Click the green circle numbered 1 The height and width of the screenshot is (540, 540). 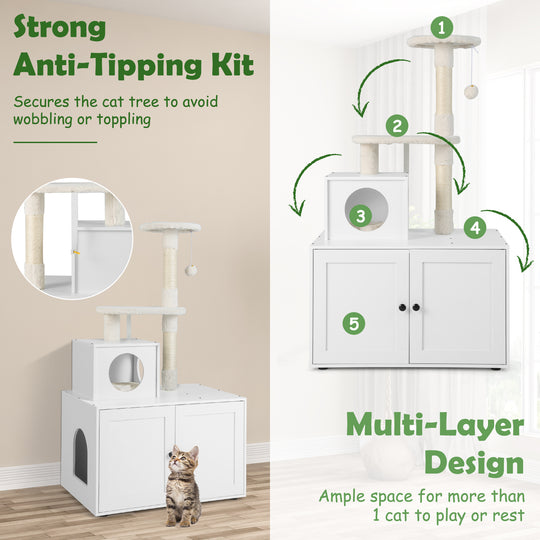442,27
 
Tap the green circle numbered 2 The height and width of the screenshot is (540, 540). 399,126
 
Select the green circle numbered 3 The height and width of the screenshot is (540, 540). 357,213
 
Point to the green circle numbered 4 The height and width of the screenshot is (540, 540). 475,227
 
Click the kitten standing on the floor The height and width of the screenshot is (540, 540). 181,486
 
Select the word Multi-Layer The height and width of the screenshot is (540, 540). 434,426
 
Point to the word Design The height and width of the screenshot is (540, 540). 474,464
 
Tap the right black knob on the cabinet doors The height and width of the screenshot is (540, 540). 416,307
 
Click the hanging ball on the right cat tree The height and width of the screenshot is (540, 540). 470,91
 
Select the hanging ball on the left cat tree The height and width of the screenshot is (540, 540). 190,270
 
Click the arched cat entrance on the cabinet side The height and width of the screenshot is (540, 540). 80,454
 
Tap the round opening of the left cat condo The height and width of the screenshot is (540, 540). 125,371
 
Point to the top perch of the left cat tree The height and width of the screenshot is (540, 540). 170,228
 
